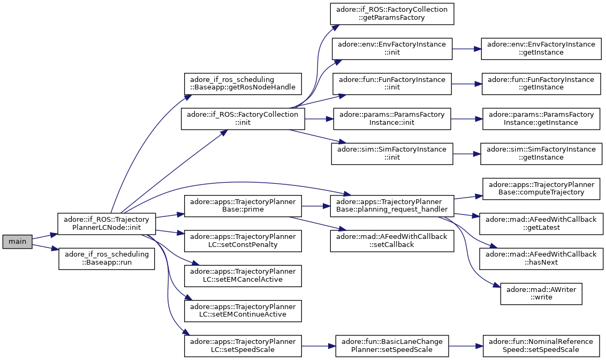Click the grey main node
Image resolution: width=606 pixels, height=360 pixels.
17,242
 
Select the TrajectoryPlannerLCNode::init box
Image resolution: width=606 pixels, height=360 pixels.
107,223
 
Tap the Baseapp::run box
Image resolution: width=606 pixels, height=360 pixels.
107,259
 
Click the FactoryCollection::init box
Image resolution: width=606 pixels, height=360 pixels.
243,119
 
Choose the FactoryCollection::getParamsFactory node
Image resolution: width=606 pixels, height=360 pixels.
392,14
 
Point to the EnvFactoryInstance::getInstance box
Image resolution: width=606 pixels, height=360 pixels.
541,49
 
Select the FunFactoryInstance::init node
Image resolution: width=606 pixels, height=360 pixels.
392,84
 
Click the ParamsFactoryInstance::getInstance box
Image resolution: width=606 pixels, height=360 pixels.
541,119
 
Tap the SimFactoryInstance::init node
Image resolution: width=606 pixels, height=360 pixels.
392,154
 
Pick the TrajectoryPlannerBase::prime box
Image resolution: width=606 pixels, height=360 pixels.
243,206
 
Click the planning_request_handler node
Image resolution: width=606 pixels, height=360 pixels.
392,206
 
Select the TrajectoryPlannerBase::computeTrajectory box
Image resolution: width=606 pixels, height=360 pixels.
541,189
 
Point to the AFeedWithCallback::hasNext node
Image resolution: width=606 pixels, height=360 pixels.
541,259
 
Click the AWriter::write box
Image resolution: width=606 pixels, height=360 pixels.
541,294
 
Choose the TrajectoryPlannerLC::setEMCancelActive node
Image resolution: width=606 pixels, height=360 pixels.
243,276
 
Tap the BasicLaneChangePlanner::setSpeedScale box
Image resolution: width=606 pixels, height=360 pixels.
392,346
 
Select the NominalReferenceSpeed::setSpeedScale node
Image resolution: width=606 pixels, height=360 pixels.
541,346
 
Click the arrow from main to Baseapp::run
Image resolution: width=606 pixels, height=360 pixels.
45,247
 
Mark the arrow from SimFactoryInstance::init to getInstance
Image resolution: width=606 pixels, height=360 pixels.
466,154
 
